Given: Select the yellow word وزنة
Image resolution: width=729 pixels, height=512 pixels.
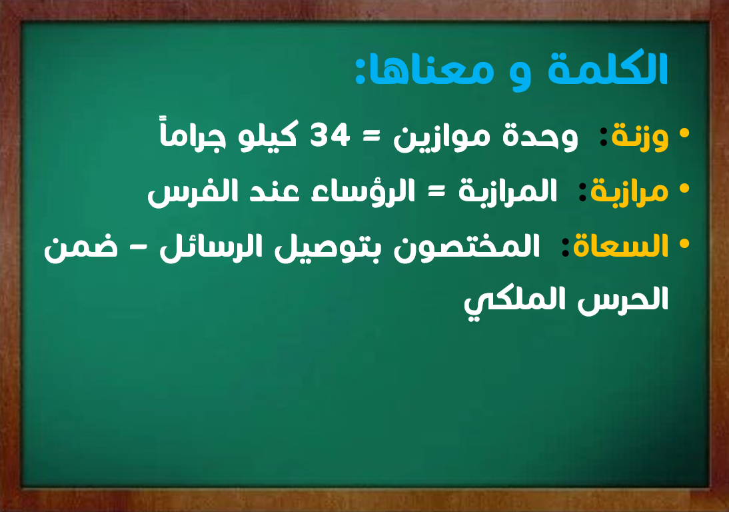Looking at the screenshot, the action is [640, 137].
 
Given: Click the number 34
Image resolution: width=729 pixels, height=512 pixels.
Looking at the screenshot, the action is [330, 136].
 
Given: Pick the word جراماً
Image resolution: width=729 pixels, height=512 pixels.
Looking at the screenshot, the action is [193, 135].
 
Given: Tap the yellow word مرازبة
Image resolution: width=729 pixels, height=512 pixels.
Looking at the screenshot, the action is [630, 191].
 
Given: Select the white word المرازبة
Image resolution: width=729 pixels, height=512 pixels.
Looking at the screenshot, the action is [508, 191].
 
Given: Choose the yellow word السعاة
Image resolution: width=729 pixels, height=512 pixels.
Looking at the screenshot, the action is [620, 245].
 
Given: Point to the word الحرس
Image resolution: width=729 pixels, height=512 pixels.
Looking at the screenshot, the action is [623, 299].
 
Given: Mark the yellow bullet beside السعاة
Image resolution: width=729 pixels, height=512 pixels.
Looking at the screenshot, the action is [684, 243].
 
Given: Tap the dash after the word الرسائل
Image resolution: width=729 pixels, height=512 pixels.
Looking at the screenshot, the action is [138, 248].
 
